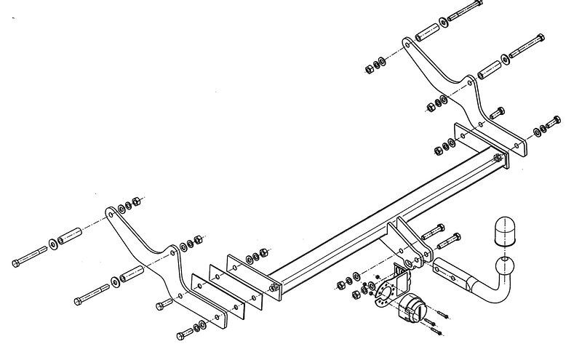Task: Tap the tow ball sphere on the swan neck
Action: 505,265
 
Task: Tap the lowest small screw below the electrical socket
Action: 439,331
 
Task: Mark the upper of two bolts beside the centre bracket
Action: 434,230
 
